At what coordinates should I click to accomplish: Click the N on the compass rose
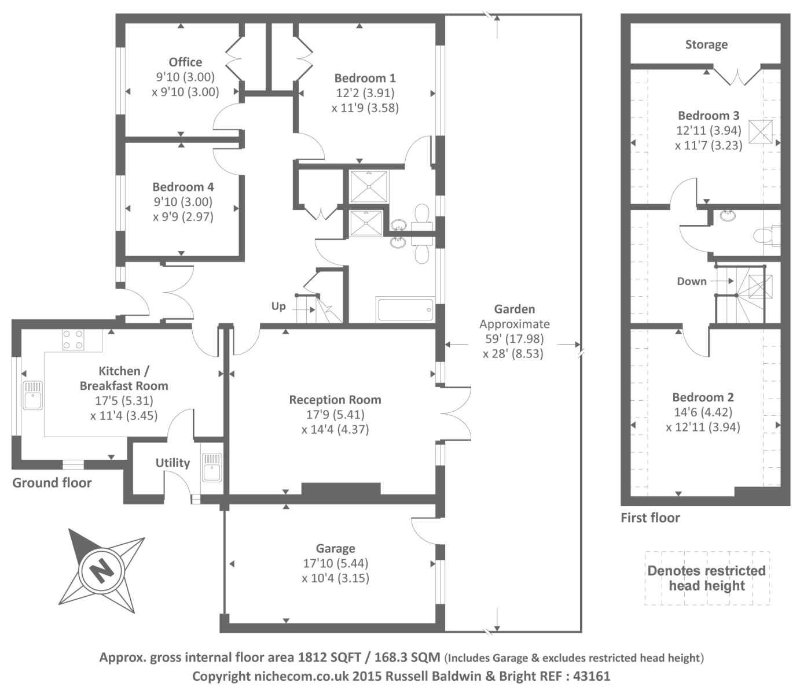point(102,571)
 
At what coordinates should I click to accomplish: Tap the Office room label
point(185,62)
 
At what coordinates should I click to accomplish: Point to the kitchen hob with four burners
point(74,339)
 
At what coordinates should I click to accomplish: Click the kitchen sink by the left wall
point(33,395)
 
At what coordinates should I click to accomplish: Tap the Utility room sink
point(212,467)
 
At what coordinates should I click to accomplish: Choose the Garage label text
point(336,549)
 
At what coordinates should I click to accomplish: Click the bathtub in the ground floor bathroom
point(405,310)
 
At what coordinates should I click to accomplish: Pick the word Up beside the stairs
point(278,307)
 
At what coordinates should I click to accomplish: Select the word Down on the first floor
point(692,281)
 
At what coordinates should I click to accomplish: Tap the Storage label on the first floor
point(706,45)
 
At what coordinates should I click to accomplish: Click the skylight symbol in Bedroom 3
point(761,132)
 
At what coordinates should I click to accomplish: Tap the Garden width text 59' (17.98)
point(515,338)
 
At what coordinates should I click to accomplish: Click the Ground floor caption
point(52,483)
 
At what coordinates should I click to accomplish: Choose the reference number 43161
point(592,676)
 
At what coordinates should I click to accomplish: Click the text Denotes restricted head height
point(707,578)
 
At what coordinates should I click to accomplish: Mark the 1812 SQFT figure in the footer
point(329,658)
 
